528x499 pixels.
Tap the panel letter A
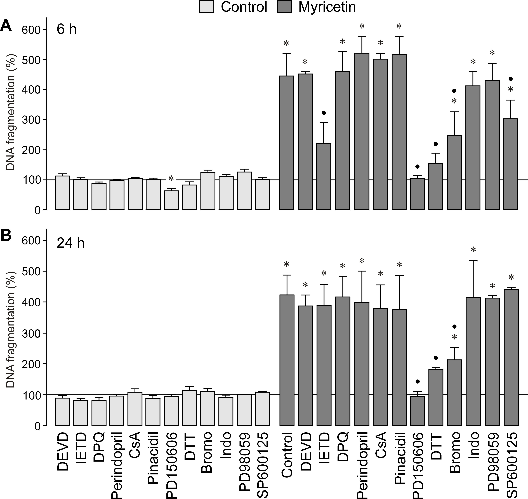6,27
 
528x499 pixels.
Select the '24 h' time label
70,243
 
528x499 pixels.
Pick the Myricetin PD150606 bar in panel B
417,411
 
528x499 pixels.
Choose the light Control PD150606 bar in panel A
171,200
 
